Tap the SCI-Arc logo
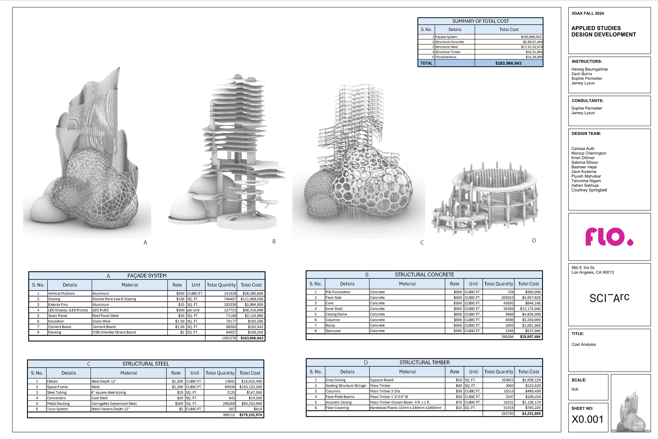[609, 298]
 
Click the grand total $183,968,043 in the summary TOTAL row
[508, 63]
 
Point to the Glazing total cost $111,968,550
[252, 299]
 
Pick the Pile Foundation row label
[338, 292]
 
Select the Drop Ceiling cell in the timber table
[336, 380]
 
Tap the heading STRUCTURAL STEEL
[146, 364]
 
